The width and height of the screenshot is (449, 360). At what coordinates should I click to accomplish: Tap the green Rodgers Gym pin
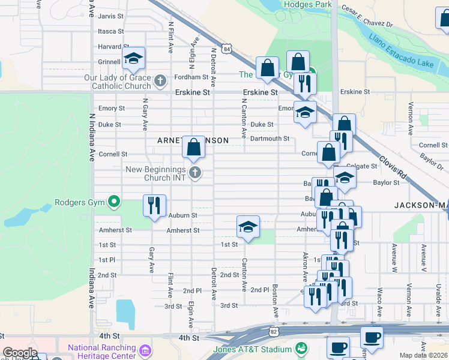coord(112,202)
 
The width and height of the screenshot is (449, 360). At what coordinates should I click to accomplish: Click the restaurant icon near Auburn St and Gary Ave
coord(154,206)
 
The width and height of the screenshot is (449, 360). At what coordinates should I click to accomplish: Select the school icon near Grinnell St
coord(133,58)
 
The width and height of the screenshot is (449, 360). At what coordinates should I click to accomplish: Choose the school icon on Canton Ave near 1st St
coord(248,227)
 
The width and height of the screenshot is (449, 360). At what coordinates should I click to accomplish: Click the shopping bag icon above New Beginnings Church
coord(194,147)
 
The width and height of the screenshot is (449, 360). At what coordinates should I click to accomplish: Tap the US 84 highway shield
coord(226,48)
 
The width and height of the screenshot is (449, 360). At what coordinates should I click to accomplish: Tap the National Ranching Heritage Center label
coord(102,352)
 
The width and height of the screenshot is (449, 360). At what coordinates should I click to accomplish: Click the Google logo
coord(20,353)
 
